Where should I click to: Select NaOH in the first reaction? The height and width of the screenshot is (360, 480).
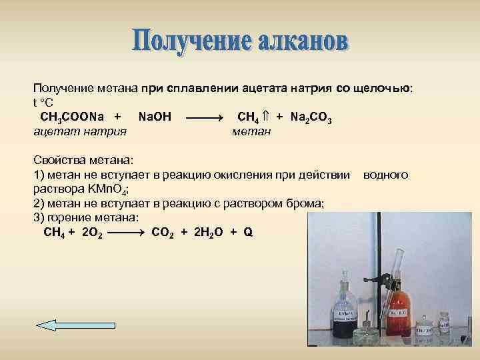[154, 117]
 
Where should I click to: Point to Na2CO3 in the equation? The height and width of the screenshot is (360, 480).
[311, 118]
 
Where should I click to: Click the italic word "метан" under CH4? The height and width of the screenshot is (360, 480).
[251, 131]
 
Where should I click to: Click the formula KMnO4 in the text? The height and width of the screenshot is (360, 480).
[94, 189]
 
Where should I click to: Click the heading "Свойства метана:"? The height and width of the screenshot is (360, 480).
[83, 161]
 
